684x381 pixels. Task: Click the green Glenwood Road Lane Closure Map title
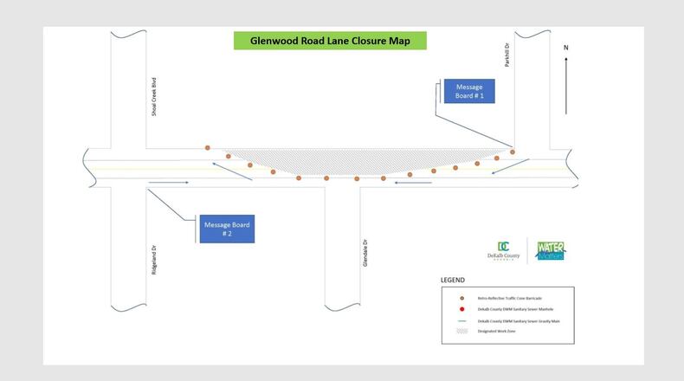329,41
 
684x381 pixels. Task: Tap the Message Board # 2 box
227,229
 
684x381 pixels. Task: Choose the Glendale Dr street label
365,252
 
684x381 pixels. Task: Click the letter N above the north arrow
566,47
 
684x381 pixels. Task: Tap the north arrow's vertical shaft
566,87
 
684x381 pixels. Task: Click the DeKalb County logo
503,251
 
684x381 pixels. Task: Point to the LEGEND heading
453,281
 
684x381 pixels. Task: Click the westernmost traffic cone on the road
208,148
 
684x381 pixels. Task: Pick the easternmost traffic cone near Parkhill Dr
513,152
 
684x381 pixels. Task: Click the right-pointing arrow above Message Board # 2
168,183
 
